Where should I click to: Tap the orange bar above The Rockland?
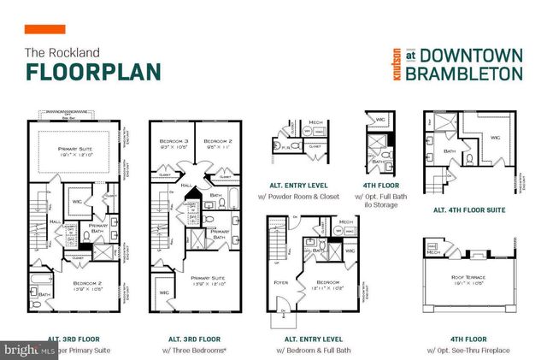(x=44, y=30)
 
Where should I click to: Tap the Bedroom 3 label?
(x=174, y=141)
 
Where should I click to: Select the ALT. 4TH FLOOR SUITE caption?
(x=468, y=210)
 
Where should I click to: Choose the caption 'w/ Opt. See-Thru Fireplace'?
(x=468, y=350)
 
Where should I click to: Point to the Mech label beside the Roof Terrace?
(x=433, y=252)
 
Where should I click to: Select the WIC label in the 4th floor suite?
(x=493, y=136)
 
